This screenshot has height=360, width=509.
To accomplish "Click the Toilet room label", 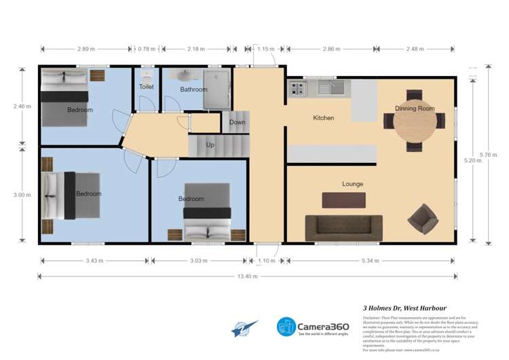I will pyautogui.click(x=146, y=87).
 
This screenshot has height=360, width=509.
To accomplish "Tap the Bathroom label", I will pyautogui.click(x=193, y=89).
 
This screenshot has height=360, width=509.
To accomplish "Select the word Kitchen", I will pyautogui.click(x=323, y=118).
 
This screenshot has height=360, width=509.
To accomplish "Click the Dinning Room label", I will pyautogui.click(x=415, y=108).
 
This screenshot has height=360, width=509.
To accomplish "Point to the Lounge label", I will pyautogui.click(x=352, y=184).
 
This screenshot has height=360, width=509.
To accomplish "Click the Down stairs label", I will pyautogui.click(x=237, y=122).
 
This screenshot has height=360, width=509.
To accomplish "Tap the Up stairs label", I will pyautogui.click(x=210, y=145).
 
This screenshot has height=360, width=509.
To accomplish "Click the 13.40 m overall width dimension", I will pyautogui.click(x=248, y=276).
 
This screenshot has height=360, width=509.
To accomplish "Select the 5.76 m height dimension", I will pyautogui.click(x=485, y=155).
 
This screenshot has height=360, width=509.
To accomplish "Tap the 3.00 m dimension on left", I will pyautogui.click(x=22, y=195).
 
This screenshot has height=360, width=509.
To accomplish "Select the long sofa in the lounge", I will pyautogui.click(x=343, y=228).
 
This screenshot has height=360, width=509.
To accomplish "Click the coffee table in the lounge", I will pyautogui.click(x=343, y=200).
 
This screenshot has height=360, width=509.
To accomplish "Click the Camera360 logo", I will pyautogui.click(x=313, y=327).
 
